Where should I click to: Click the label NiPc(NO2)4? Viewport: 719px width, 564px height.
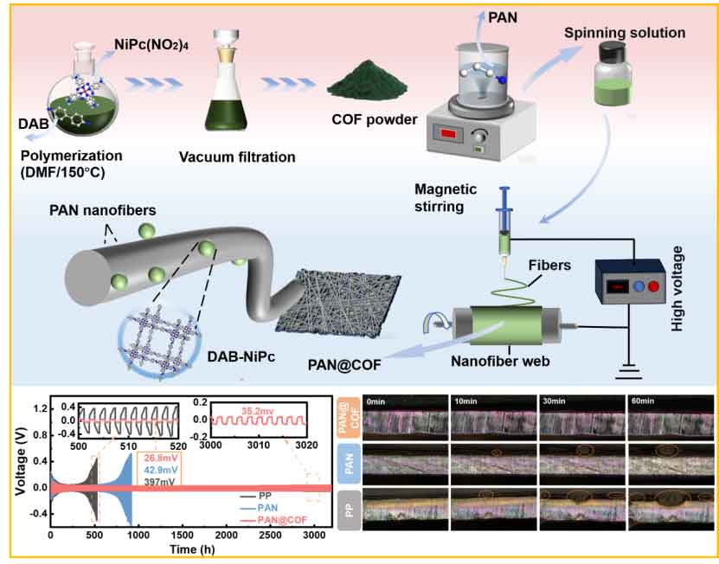[x=150, y=42]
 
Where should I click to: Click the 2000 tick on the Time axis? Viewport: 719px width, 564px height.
[x=226, y=537]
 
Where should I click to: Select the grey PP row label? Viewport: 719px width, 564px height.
[x=349, y=511]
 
